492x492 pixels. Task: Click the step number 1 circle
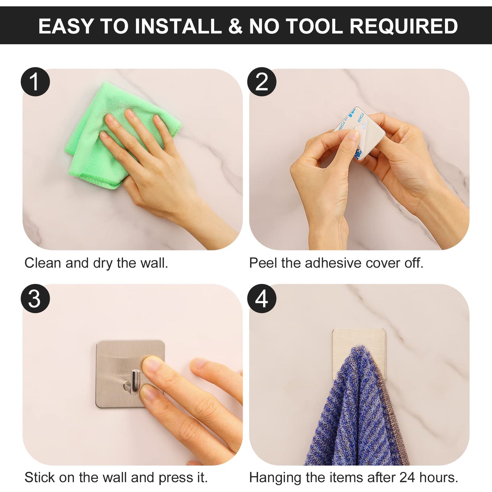[x=35, y=82]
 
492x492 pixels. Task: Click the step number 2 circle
[x=262, y=82]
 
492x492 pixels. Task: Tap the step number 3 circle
[x=35, y=299]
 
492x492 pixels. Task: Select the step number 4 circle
[x=262, y=299]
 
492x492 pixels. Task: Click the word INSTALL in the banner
[x=178, y=26]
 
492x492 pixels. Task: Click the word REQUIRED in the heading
[x=404, y=26]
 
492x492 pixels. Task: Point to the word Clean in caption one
[x=43, y=263]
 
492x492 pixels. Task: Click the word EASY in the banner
[x=66, y=26]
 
